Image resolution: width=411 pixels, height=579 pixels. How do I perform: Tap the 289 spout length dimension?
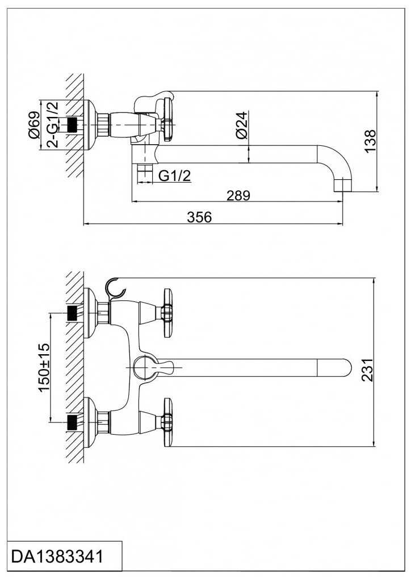(x=238, y=195)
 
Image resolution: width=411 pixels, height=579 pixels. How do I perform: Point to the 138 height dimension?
(x=370, y=141)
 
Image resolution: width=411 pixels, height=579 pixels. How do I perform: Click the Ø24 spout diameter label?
(x=241, y=125)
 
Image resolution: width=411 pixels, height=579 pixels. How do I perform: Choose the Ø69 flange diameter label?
(x=33, y=125)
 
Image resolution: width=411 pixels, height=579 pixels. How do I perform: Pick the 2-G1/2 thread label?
(x=52, y=124)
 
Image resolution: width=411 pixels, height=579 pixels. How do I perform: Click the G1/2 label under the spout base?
(x=174, y=176)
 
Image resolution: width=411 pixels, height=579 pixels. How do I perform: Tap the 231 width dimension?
(x=368, y=370)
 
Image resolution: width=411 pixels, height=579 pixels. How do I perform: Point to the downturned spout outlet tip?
(x=342, y=184)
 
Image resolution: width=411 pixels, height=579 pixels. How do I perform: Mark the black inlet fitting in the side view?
(x=72, y=125)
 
